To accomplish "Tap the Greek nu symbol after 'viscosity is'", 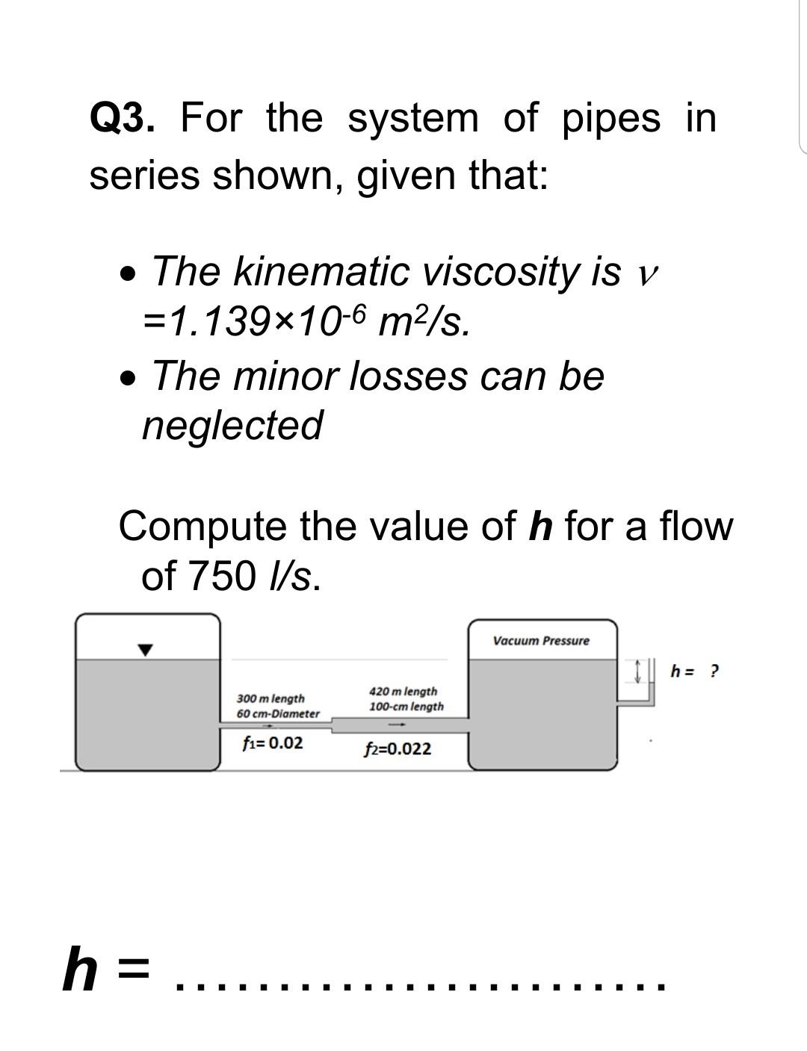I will coord(647,274).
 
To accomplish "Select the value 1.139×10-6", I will coord(258,322).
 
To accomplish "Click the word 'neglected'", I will coord(232,425).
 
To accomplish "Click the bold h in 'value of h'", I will coord(539,525).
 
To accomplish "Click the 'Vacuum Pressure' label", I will coord(541,641).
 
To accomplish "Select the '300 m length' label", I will coord(270,698).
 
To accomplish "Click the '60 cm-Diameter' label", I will coord(278,714).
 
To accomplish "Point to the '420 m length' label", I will coord(403,692).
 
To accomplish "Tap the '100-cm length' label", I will coord(406,707).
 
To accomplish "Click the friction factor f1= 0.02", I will coord(273,743).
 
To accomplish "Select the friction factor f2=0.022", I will coord(398,749).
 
